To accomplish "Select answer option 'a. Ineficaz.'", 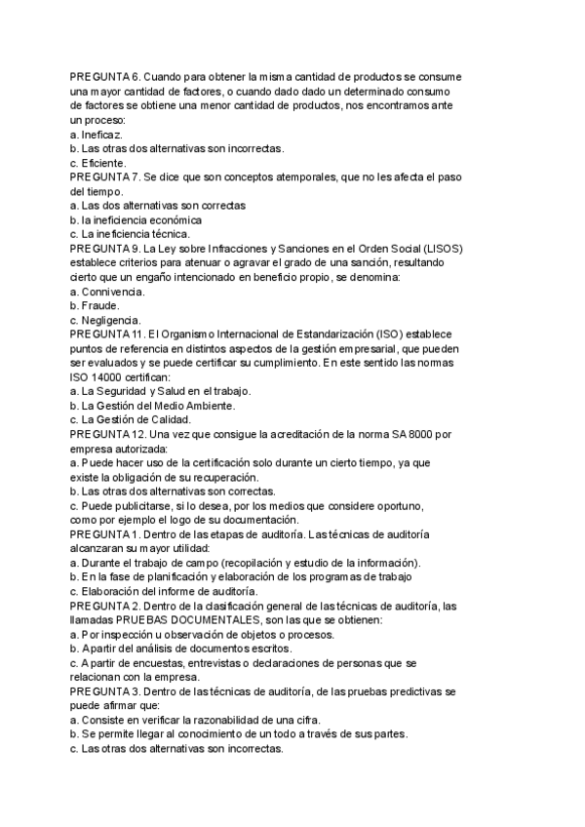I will coord(97,134).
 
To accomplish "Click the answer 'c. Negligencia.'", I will coord(105,321).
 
